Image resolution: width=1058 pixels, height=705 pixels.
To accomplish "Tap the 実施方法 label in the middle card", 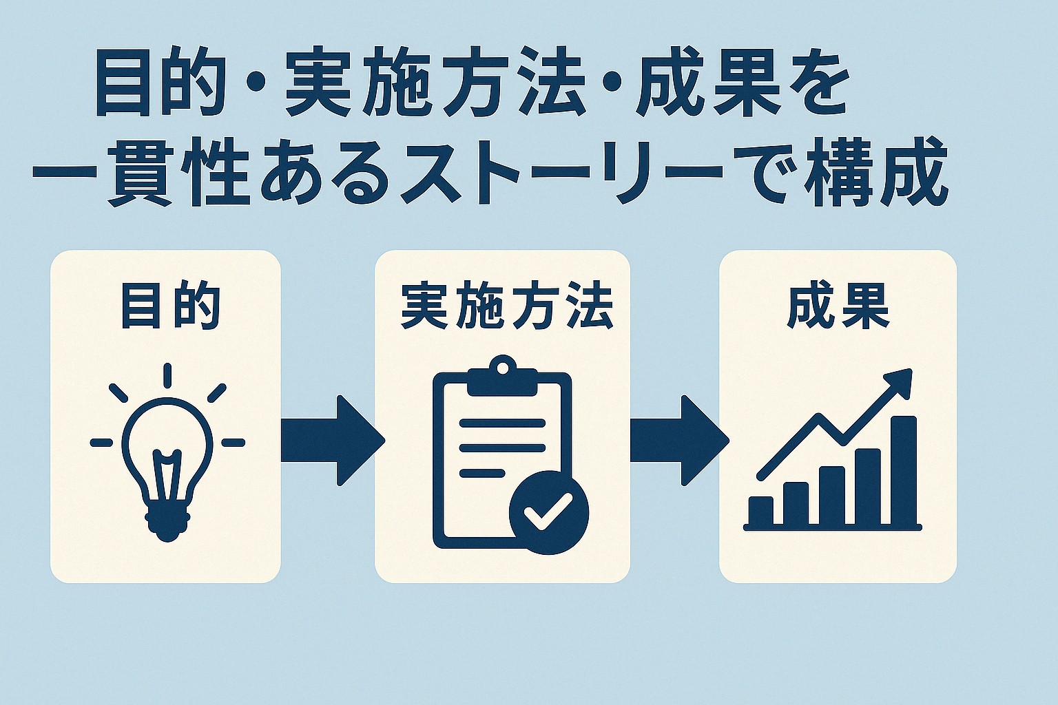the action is pos(506,306).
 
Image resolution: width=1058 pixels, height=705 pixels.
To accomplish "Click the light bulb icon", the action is pos(167,452).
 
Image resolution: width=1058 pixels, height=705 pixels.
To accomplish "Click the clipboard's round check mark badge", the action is pos(549,514).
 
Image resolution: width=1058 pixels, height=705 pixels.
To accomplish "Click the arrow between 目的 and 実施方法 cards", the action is pos(333,441).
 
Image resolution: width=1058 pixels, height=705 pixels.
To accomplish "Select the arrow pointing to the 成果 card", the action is pos(679,441).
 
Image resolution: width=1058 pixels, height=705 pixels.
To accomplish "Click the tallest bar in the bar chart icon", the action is pos(904,470).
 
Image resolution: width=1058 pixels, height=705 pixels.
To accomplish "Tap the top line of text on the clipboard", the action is pos(502,423).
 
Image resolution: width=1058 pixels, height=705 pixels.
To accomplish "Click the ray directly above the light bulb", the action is pos(167,375).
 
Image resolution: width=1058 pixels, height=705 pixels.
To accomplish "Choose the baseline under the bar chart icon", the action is pos(833,527).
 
